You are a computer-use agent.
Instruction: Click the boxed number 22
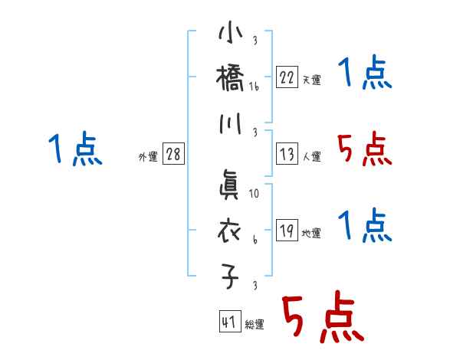[287, 77]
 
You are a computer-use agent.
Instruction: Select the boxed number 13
[287, 155]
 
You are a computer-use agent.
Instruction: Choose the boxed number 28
[173, 154]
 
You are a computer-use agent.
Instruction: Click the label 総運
[255, 326]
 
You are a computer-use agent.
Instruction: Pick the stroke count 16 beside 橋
[255, 87]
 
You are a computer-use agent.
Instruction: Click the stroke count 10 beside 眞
[255, 195]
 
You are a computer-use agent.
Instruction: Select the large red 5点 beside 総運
[321, 318]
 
